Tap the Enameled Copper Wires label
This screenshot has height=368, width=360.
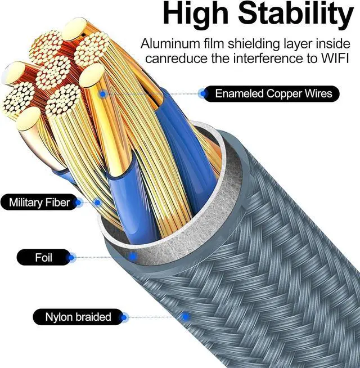pos(273,93)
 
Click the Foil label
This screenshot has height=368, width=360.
pos(43,258)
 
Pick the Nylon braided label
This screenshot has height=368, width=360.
pos(78,317)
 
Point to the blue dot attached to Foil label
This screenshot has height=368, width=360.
pos(71,258)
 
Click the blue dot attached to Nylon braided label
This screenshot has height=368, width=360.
pos(124,317)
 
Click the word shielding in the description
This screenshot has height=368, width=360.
pos(259,43)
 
